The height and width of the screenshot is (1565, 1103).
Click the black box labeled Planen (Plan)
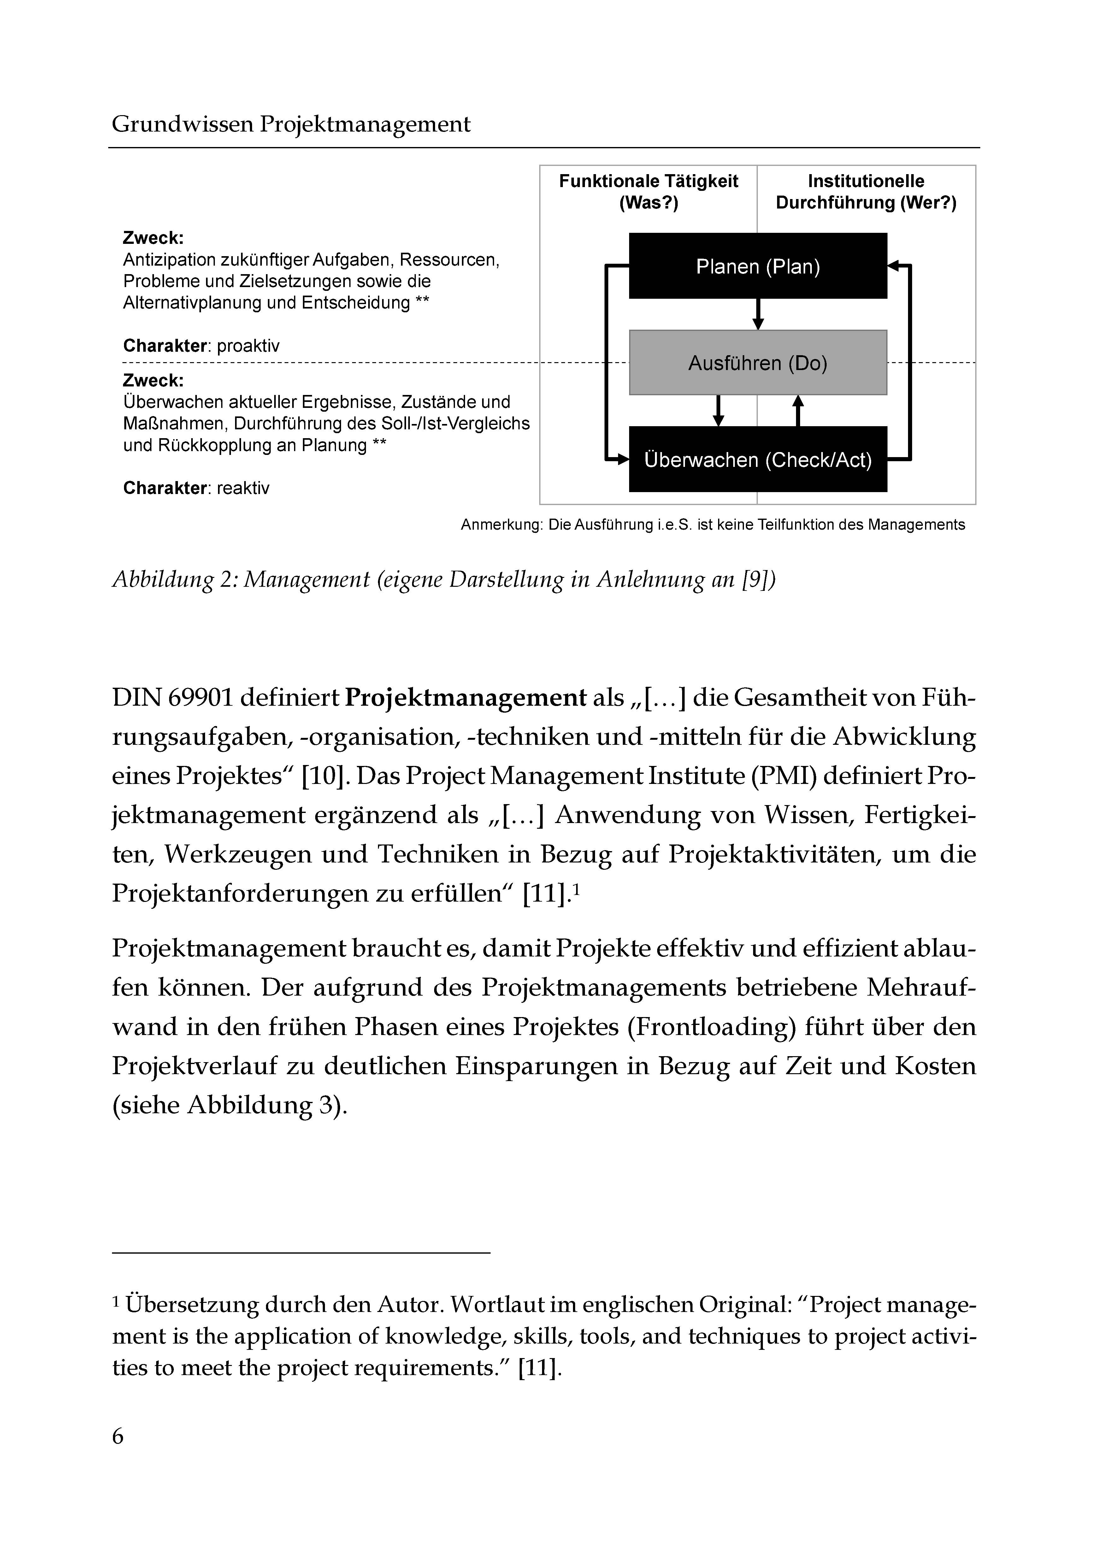point(758,266)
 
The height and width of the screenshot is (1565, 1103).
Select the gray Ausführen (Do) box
point(758,363)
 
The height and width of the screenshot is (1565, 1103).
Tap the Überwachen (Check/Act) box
point(758,459)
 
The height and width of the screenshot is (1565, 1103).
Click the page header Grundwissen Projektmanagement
point(291,124)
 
